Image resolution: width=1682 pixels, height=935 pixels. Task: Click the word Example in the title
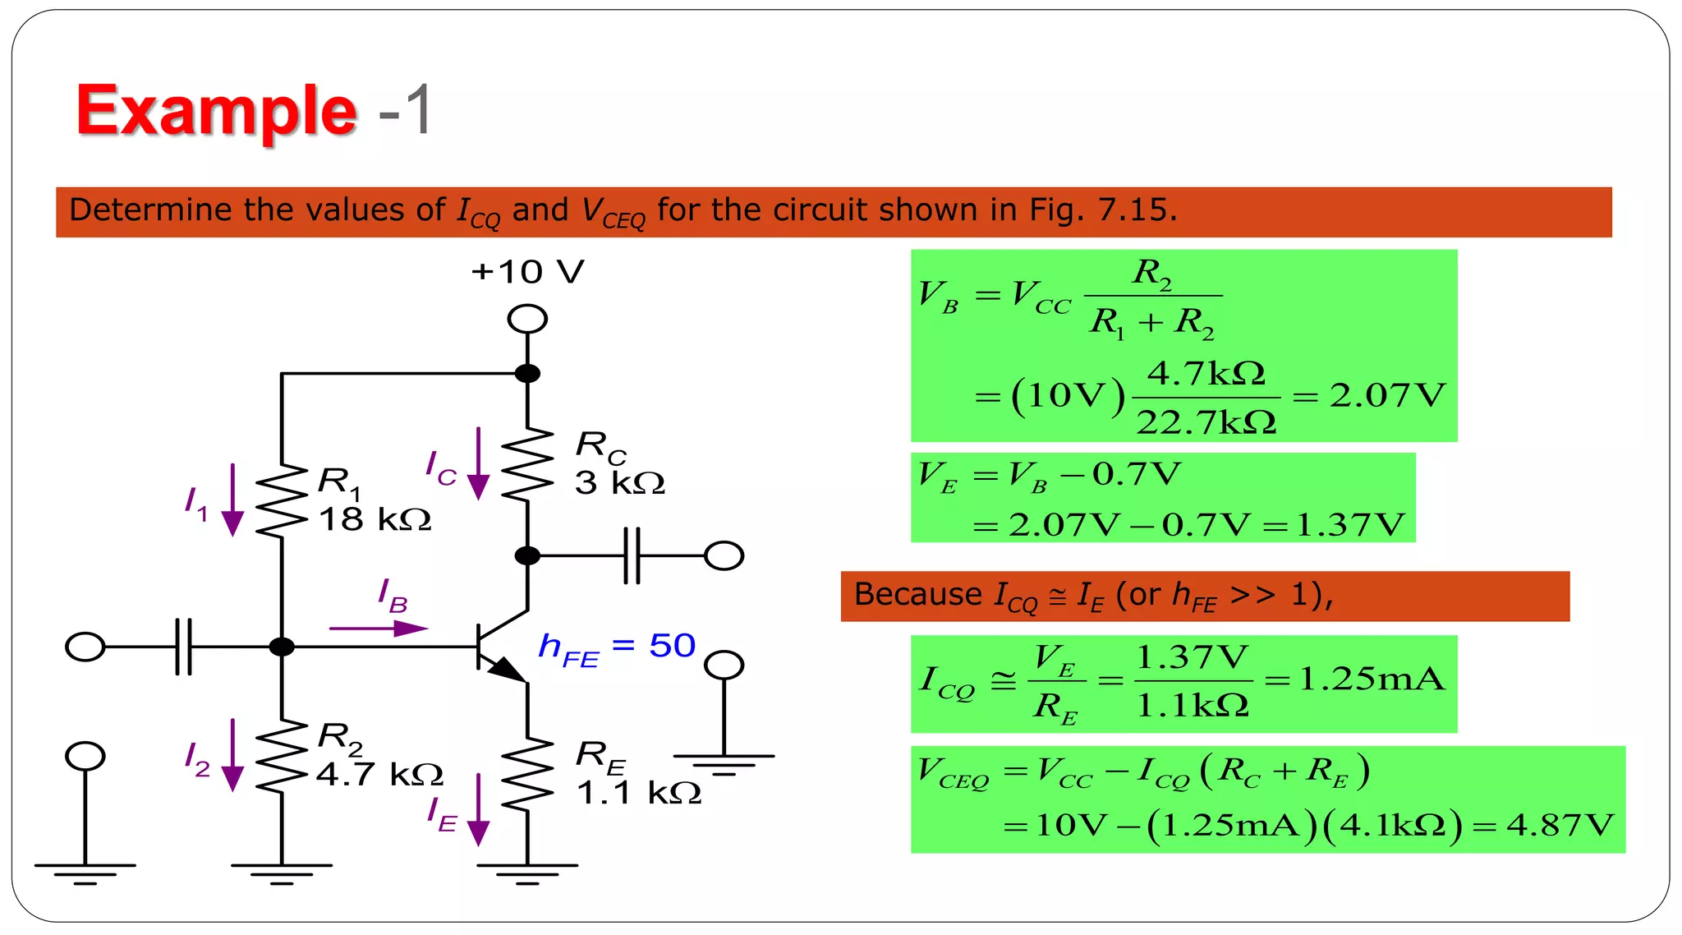click(216, 111)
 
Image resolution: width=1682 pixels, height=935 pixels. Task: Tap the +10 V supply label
click(527, 272)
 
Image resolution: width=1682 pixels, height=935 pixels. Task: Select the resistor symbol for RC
click(527, 464)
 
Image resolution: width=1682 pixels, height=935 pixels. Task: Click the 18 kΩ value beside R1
click(375, 519)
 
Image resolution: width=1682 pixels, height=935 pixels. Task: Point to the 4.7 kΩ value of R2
click(379, 774)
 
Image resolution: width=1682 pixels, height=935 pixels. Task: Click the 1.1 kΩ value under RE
click(639, 793)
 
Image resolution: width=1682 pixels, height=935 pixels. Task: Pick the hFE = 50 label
click(617, 647)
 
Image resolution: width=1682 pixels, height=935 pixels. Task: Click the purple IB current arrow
click(378, 629)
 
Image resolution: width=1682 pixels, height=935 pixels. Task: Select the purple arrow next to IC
click(478, 464)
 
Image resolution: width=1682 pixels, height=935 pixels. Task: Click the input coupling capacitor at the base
click(184, 647)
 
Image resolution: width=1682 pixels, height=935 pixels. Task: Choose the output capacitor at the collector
click(632, 556)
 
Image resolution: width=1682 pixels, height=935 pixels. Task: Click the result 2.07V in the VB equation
click(1387, 396)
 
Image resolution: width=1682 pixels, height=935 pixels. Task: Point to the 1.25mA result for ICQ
click(1371, 679)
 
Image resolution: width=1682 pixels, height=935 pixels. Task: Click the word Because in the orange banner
click(917, 594)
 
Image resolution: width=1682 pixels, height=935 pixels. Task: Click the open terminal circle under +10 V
click(527, 319)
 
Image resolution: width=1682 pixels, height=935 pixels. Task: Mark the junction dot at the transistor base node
click(282, 647)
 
